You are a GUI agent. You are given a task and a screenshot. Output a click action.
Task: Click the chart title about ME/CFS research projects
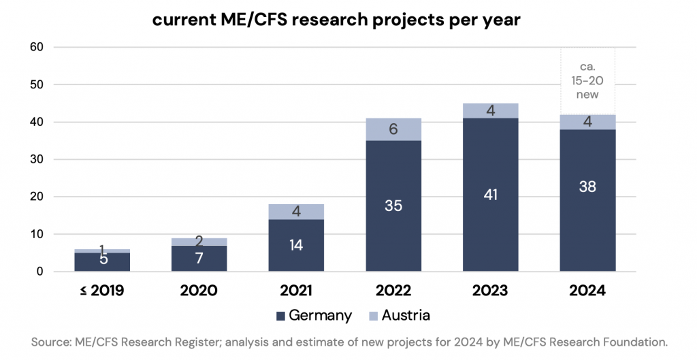coord(336,20)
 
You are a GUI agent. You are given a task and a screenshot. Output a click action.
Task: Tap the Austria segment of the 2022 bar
coord(393,129)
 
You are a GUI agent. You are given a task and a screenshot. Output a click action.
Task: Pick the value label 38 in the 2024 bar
coord(587,186)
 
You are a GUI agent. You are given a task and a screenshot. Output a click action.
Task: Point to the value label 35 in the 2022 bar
coord(393,206)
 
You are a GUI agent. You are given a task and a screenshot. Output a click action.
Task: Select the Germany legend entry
coord(314,315)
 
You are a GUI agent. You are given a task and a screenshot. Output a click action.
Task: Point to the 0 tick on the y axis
coord(38,272)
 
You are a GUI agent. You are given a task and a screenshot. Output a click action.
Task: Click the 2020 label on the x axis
coord(198,291)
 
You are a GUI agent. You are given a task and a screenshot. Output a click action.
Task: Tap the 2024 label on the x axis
coord(587,291)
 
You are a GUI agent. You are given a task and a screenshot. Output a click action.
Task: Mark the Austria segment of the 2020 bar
coord(198,242)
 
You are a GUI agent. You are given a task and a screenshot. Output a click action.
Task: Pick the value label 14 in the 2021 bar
coord(295,245)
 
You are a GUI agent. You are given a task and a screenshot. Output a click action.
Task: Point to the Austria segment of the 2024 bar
coord(587,122)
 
